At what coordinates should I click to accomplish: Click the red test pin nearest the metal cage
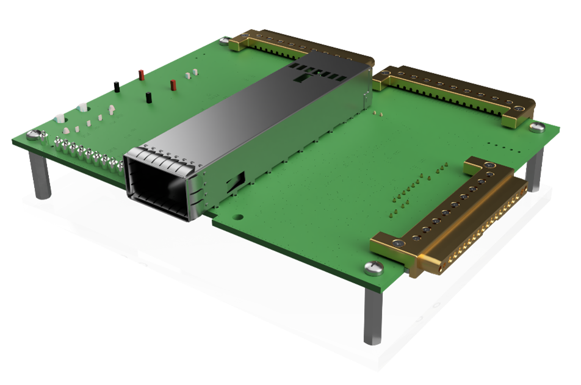coord(173,84)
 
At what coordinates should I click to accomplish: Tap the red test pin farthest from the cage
coord(141,74)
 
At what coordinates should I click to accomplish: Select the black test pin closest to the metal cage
coord(148,96)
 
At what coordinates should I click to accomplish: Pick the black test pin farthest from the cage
coord(115,85)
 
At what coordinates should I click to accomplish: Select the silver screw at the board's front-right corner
coord(372,267)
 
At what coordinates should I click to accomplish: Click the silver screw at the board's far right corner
coord(536,127)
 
